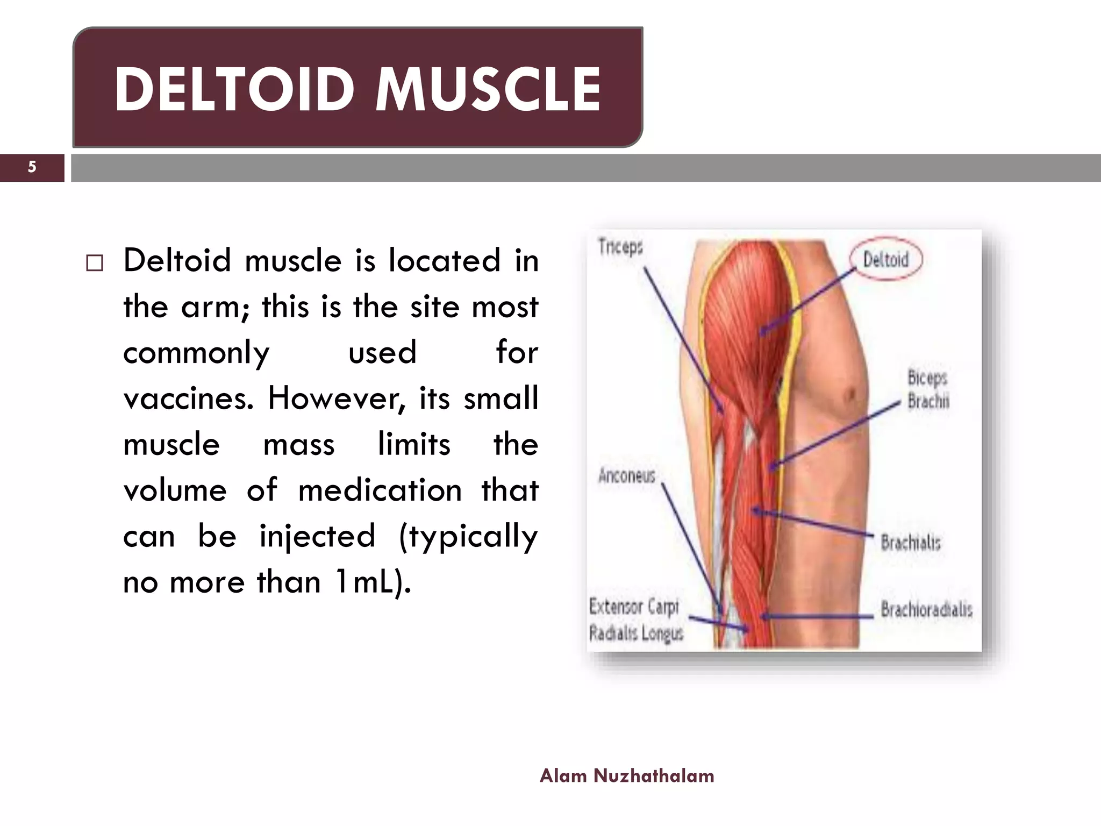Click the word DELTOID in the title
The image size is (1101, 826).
click(x=235, y=89)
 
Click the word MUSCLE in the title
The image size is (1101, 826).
click(x=488, y=89)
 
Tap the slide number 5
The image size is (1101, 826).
click(x=32, y=167)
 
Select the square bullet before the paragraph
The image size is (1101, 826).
click(x=95, y=263)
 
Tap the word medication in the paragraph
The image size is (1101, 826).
click(x=380, y=490)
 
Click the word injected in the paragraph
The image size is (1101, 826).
click(x=317, y=537)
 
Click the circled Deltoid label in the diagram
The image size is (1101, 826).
click(x=885, y=260)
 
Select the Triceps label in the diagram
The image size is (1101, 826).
click(x=620, y=248)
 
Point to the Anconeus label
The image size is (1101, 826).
click(x=627, y=476)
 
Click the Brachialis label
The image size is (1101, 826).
click(x=911, y=542)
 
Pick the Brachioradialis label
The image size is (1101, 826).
click(x=926, y=610)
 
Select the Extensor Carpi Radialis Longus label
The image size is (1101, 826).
click(x=635, y=620)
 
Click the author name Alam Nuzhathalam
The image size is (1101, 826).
click(x=627, y=775)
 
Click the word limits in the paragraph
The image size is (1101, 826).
click(x=414, y=445)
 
